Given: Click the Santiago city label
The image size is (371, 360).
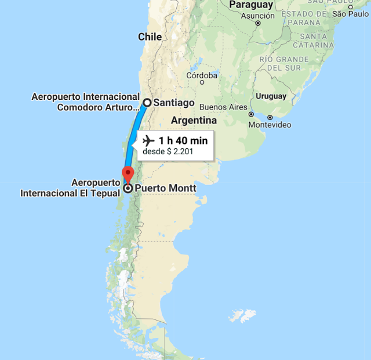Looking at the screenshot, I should tap(174, 103).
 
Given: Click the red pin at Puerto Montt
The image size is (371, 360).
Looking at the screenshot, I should tap(128, 173).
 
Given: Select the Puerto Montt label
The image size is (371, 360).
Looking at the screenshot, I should tap(165, 188).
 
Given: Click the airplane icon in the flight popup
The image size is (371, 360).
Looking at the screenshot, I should tap(148, 140).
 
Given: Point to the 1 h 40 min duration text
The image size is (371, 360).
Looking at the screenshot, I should tap(183, 140).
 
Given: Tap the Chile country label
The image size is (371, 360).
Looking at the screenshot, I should tap(150, 37).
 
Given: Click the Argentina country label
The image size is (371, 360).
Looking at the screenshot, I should tap(194, 121).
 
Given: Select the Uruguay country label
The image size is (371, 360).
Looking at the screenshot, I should tap(271, 96).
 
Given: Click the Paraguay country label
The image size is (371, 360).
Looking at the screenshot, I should tap(251, 5).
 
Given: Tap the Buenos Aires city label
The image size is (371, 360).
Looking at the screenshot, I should tap(223, 107).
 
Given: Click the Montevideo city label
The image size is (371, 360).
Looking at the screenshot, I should tap(270, 125).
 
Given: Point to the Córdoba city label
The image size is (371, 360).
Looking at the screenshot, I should tap(202, 75).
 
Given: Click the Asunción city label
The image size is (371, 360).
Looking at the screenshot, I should tap(257, 16).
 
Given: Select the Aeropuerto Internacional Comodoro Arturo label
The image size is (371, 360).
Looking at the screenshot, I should tap(86, 101).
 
